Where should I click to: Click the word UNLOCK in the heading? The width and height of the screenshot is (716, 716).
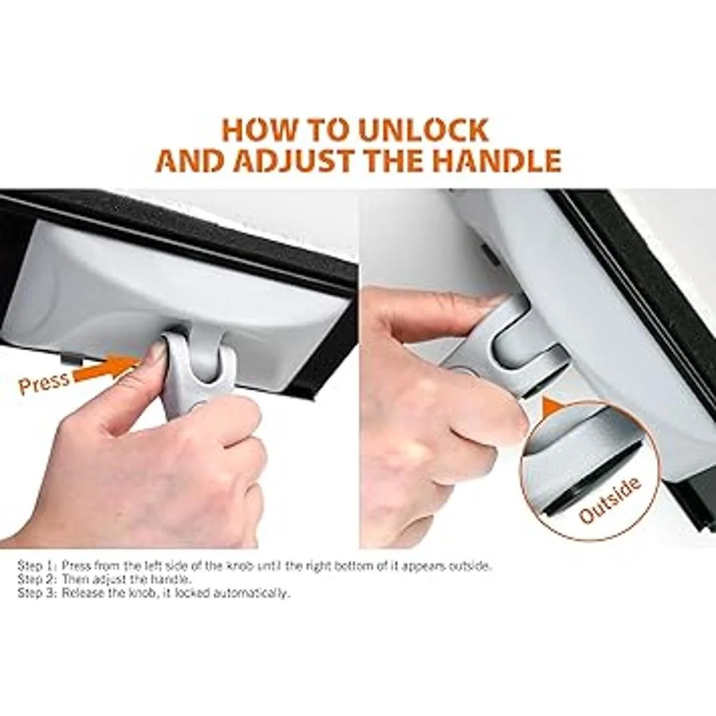424,130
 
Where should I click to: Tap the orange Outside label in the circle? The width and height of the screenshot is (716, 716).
610,500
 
